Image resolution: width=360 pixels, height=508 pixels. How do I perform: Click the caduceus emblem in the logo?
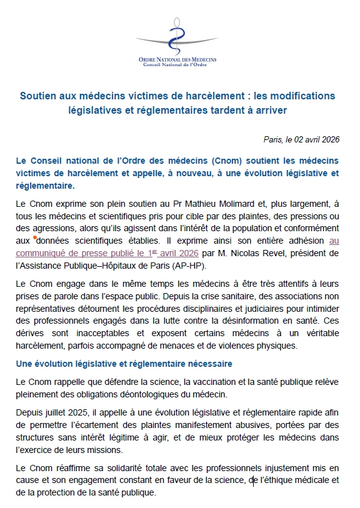coord(178,34)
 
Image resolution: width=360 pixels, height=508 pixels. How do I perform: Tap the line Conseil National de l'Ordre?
coord(177,64)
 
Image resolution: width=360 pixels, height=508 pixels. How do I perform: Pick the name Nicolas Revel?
coord(259,253)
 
